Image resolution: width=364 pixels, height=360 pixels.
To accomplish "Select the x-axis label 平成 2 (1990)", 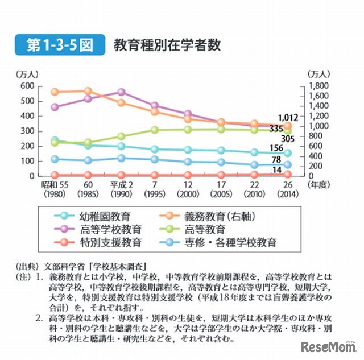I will [121, 189].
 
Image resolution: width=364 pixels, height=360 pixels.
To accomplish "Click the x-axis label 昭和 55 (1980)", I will [55, 189].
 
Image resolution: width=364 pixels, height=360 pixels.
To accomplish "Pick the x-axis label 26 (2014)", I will [287, 189].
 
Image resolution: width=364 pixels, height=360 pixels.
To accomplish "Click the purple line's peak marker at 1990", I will [121, 92].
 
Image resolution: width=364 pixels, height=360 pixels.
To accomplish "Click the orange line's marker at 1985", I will [88, 91].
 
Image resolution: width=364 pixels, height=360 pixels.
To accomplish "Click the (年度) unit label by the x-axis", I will [318, 184].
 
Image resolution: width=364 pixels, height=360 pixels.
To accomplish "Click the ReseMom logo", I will [328, 346].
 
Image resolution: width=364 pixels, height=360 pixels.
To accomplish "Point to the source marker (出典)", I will [26, 264].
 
